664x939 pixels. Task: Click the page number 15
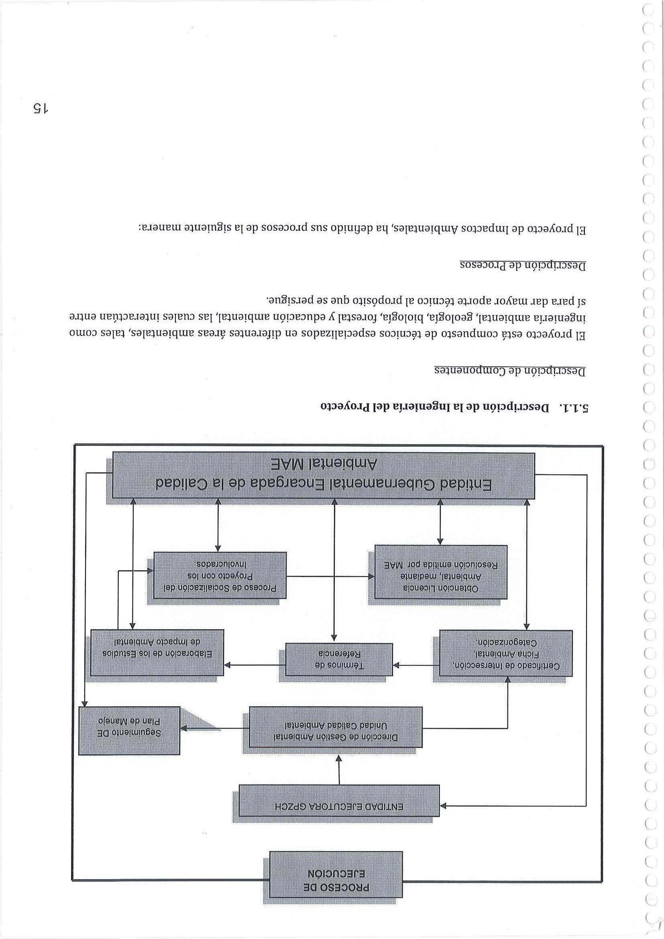coord(41,108)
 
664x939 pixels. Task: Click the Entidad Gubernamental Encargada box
coord(324,475)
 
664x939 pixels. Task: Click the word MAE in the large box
coord(291,465)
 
